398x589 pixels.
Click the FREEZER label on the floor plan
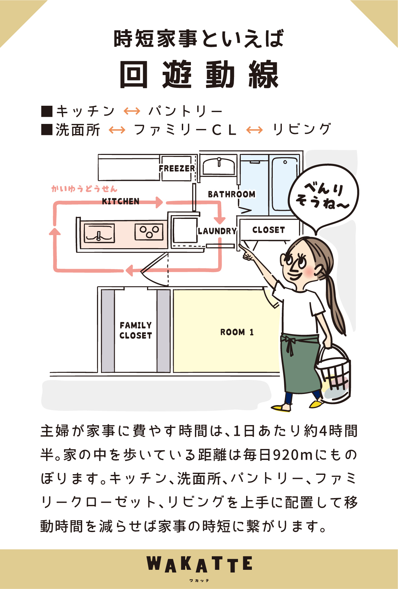[177, 168]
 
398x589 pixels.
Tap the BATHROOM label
[231, 194]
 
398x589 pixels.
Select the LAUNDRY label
[217, 231]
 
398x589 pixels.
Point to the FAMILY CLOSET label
[136, 330]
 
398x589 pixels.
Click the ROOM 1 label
[237, 332]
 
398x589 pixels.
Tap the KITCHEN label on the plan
[121, 201]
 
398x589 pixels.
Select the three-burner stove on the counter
[149, 232]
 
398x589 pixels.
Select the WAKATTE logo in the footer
[199, 565]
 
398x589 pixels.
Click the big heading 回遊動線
[199, 75]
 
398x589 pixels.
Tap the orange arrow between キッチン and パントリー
[132, 111]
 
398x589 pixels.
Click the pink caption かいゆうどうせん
[84, 189]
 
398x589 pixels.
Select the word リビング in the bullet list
[302, 130]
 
